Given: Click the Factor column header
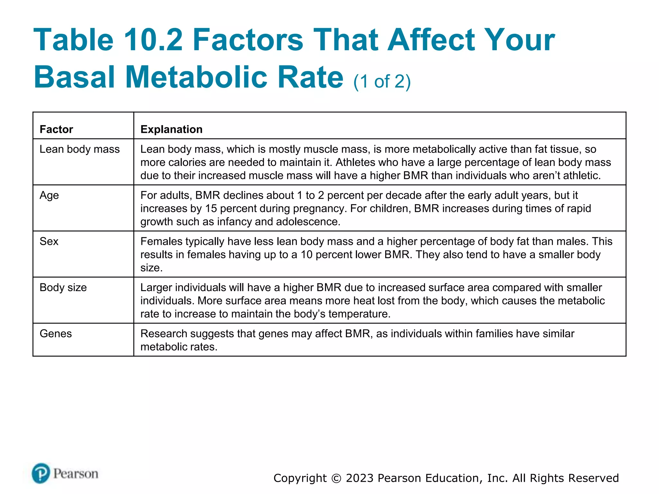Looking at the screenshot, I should tap(56, 129).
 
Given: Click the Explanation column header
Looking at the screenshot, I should tap(172, 129).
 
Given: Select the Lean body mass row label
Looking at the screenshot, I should tap(79, 149).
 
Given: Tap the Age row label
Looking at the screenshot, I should tap(49, 196).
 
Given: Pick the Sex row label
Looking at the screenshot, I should tap(49, 242).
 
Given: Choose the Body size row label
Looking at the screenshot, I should tap(63, 288).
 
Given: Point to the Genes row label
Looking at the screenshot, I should tap(56, 334).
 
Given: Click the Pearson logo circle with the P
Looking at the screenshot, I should tap(41, 473).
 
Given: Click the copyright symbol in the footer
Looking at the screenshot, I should tap(336, 478).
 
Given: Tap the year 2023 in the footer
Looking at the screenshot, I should tap(360, 478).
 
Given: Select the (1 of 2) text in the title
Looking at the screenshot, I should tap(382, 81).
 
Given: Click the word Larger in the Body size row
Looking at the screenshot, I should tap(156, 288).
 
